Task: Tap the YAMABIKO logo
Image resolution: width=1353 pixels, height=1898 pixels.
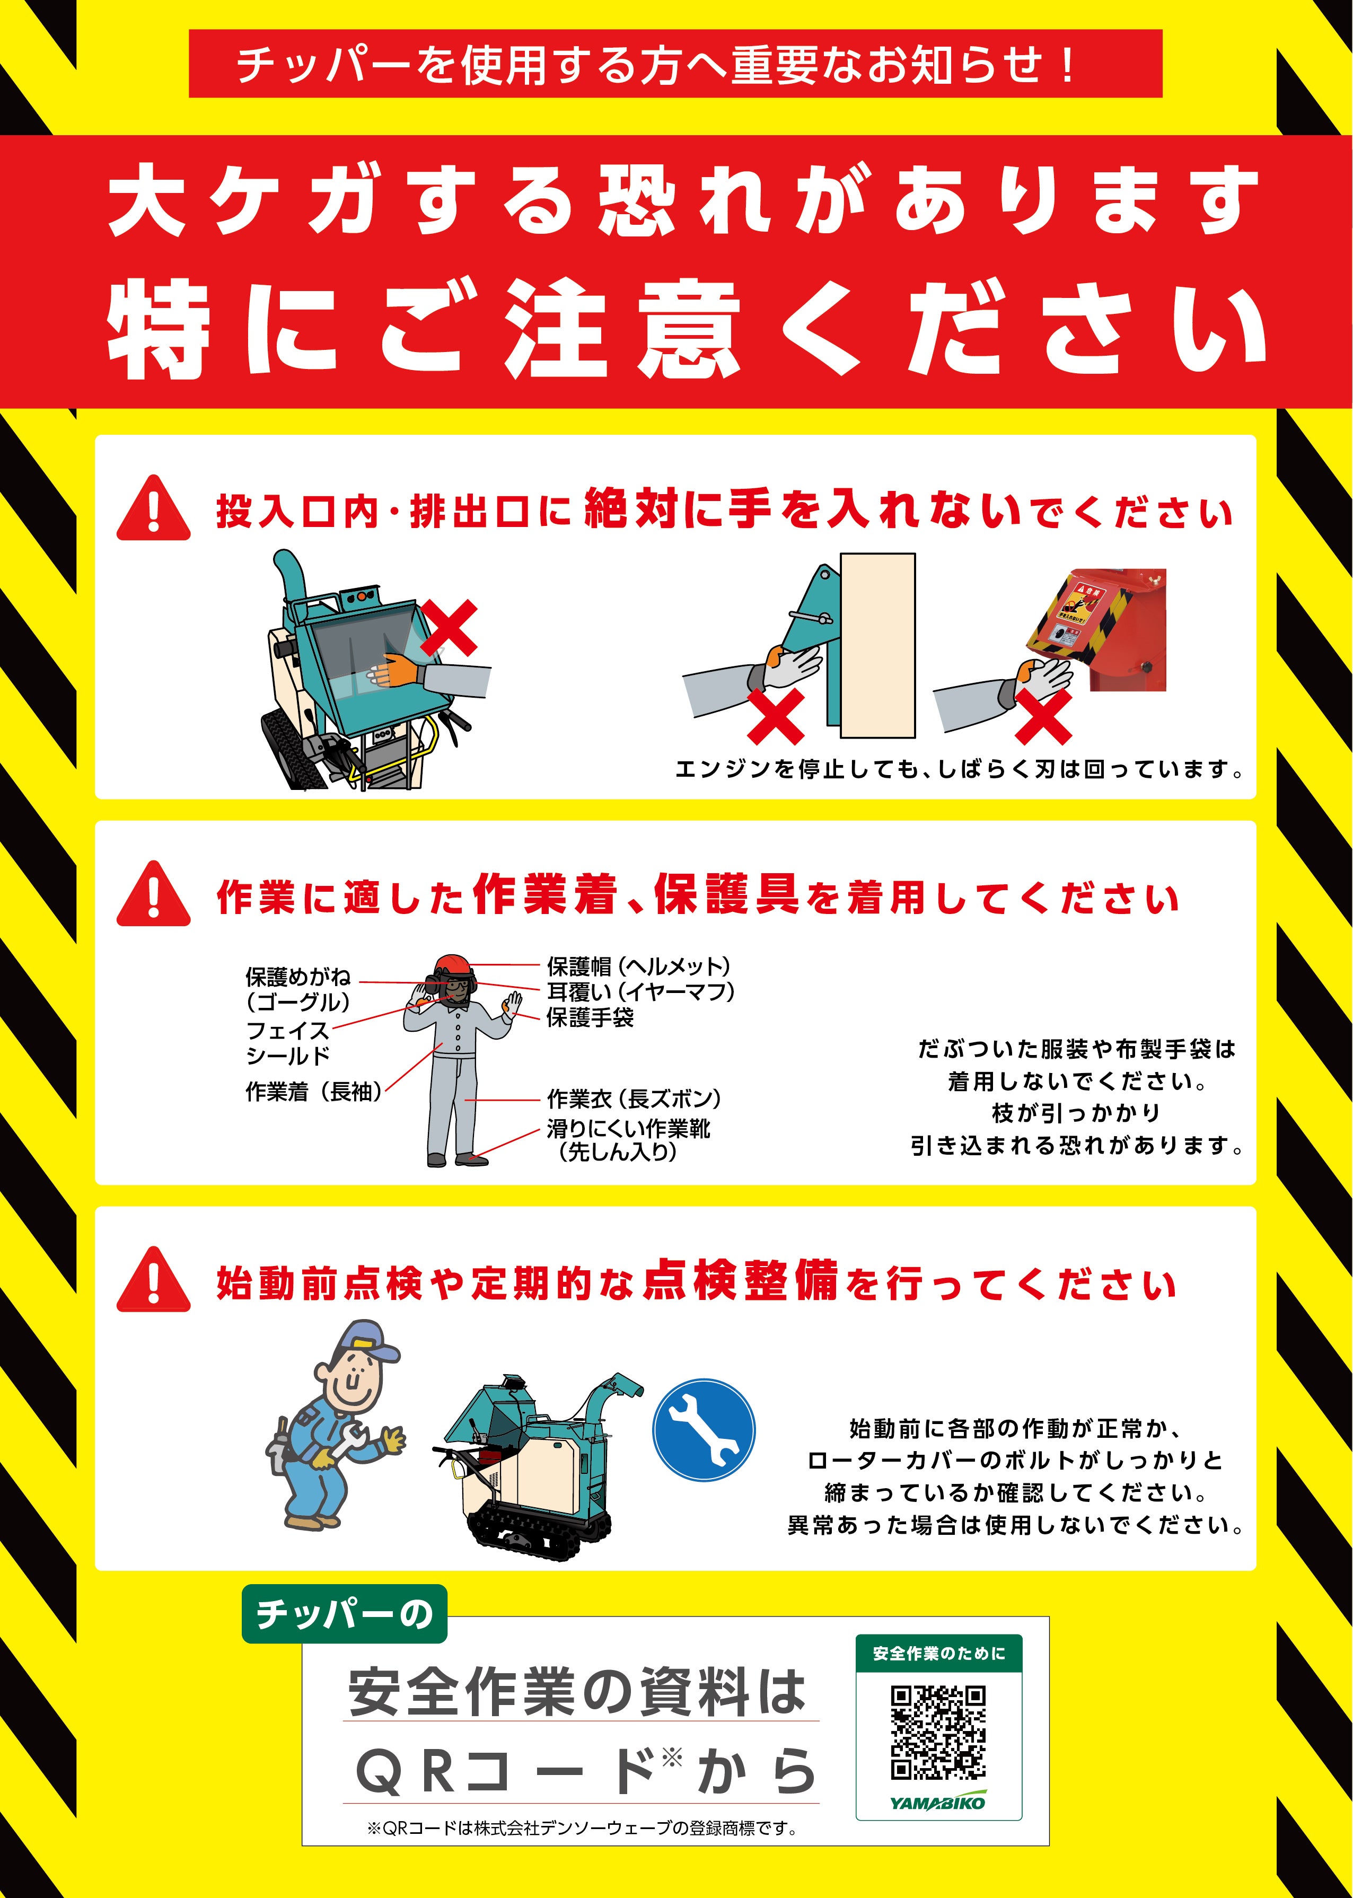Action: point(938,1802)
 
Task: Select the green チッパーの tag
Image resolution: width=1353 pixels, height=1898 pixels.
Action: point(344,1614)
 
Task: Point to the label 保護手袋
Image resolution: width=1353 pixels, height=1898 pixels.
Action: point(590,1017)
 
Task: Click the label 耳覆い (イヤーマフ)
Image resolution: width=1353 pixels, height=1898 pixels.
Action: point(640,991)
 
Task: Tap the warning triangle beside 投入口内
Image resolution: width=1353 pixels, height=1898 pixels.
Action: point(153,508)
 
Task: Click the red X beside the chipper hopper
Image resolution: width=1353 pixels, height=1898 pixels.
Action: point(448,628)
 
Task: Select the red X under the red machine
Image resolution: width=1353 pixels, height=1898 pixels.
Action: point(1043,716)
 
